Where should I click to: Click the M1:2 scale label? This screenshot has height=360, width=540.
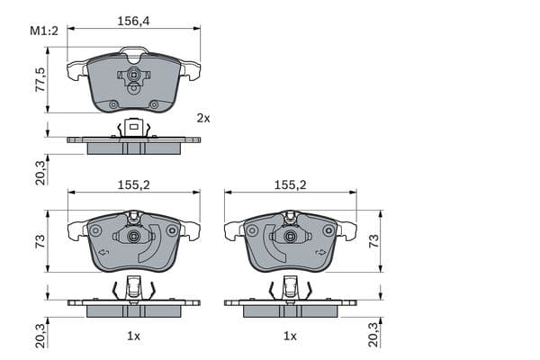pos(44,31)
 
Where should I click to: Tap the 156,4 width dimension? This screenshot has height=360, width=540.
pos(133,22)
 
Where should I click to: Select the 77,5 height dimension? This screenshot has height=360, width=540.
pos(40,79)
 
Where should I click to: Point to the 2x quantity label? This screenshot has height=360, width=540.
pos(203,119)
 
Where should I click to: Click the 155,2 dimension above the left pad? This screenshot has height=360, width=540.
pos(134,185)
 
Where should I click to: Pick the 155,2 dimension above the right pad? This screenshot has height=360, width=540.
pos(291,185)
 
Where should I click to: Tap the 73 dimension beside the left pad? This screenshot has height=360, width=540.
pos(40,241)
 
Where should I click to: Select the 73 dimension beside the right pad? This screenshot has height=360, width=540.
pos(373,241)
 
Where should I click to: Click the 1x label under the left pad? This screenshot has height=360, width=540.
pos(133,337)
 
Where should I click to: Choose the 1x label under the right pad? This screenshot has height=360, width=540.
pos(290,337)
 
